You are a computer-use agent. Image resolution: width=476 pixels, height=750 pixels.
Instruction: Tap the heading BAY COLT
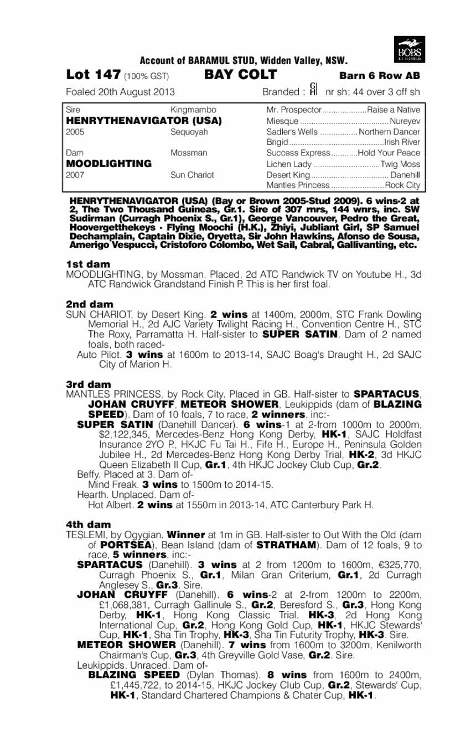240,75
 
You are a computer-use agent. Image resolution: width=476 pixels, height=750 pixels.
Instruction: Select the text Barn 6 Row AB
379,76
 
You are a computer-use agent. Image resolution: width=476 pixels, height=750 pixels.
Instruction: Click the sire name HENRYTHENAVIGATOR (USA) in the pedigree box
144,120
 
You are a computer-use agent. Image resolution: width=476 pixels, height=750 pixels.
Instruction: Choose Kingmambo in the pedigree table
193,110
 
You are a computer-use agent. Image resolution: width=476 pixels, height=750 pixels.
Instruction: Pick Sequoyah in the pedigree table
189,132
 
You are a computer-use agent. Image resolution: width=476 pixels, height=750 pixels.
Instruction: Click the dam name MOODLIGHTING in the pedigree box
108,163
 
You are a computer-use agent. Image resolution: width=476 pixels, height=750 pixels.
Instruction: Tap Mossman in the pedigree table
189,153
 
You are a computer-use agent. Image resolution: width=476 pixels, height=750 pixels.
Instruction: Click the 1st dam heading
88,264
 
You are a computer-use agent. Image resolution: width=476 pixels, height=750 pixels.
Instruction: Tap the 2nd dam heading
89,304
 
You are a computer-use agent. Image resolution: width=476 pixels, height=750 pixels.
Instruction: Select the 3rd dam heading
89,384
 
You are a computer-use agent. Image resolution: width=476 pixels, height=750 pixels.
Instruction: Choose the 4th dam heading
89,524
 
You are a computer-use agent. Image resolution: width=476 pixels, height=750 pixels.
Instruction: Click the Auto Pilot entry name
95,354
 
